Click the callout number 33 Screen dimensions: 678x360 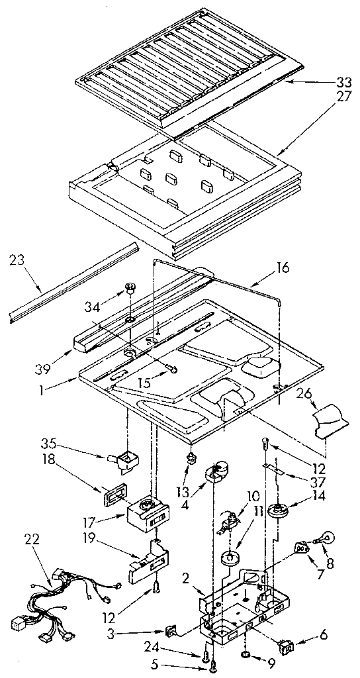(x=342, y=83)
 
